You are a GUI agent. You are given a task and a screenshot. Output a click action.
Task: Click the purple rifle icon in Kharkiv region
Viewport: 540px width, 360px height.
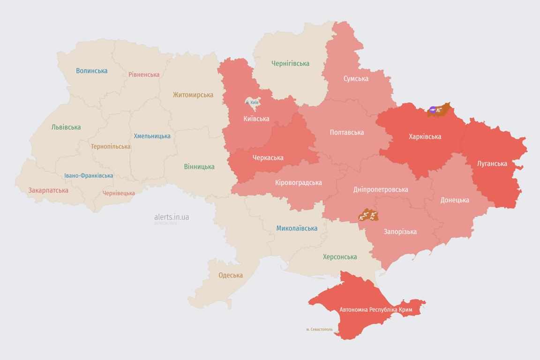point(432,110)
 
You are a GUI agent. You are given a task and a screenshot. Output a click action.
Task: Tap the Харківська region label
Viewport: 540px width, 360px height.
point(425,137)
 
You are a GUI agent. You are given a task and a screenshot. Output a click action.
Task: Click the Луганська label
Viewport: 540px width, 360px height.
point(492,164)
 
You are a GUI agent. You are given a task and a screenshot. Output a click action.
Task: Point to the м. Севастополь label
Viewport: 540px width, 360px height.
point(319,330)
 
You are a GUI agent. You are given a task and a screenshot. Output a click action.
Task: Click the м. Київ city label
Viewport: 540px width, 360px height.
point(252,102)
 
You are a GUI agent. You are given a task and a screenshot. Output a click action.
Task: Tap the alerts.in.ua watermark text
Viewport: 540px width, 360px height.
point(172,217)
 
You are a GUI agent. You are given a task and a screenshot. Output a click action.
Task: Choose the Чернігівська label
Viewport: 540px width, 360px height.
point(290,63)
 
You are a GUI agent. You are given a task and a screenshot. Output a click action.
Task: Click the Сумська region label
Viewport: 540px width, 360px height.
point(356,79)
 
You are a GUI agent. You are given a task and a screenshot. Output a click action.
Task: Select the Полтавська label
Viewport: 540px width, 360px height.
point(347,133)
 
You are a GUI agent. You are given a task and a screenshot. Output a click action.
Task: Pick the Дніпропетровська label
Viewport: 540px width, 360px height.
point(380,189)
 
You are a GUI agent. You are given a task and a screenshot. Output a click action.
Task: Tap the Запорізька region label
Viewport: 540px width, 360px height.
point(400,232)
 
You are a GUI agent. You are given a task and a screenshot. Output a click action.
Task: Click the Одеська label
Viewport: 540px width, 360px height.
point(231,275)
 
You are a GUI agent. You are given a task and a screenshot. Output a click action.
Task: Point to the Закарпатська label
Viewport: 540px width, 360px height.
point(48,190)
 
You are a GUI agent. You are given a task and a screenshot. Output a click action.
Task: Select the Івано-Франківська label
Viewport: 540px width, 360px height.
point(89,176)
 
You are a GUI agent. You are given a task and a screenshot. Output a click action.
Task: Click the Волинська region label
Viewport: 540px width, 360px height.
point(92,71)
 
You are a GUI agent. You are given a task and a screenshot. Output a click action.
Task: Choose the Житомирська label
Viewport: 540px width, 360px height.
point(193,95)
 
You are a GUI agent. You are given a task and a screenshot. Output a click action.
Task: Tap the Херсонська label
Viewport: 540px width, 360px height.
point(340,257)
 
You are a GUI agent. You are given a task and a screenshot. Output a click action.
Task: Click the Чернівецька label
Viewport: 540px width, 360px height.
point(119,193)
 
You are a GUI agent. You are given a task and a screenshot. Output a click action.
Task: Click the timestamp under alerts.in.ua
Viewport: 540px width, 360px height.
point(165,224)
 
